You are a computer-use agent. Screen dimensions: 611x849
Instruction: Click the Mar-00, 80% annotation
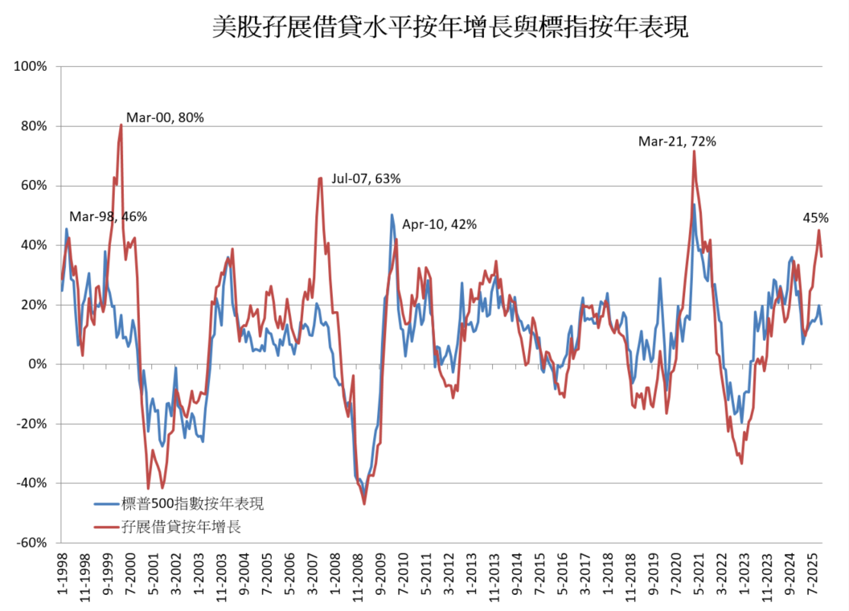coord(166,117)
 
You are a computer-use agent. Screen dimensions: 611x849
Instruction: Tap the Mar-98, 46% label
coord(108,216)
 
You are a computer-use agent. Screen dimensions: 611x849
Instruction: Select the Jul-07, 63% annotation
coord(365,178)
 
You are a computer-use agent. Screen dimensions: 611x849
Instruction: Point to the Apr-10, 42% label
coord(439,224)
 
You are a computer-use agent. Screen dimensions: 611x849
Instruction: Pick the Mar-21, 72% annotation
coord(677,141)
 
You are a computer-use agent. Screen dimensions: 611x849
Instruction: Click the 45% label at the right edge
coord(815,217)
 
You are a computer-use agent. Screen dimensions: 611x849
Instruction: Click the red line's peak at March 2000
coord(121,125)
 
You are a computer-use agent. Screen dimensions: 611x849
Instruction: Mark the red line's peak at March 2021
coord(693,151)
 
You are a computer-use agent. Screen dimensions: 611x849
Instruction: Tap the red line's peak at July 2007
coord(320,178)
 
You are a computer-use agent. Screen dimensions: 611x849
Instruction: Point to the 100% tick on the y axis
coord(31,66)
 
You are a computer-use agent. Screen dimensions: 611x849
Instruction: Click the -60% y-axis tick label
coord(33,543)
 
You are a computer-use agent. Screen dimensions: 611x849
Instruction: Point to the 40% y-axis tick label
coord(35,244)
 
